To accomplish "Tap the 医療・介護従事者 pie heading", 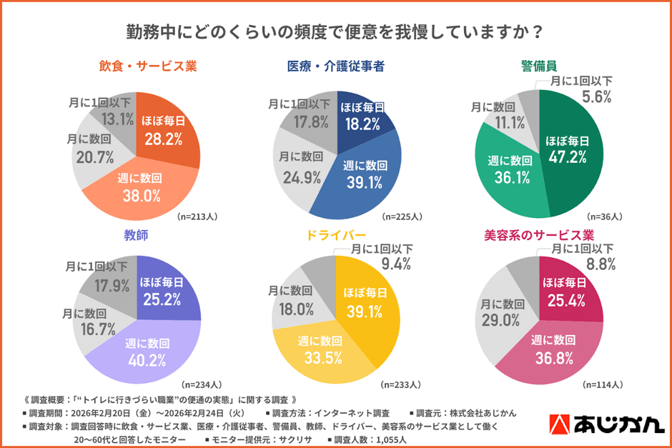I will click(335, 66).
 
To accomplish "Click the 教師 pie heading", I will click(137, 234).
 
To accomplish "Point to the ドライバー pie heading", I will click(335, 234).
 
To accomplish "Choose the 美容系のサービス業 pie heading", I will click(539, 234).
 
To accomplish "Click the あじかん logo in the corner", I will click(606, 424).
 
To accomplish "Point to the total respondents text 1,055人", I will click(412, 438).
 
